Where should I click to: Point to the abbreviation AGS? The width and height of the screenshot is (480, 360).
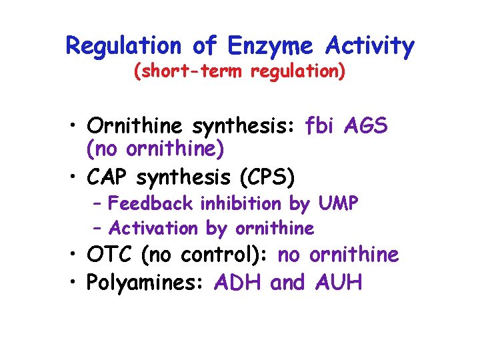pyautogui.click(x=366, y=126)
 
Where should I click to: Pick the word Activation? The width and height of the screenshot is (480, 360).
pyautogui.click(x=153, y=229)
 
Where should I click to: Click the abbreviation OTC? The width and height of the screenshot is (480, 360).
pyautogui.click(x=109, y=255)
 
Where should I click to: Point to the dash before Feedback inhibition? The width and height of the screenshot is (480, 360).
pyautogui.click(x=98, y=203)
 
